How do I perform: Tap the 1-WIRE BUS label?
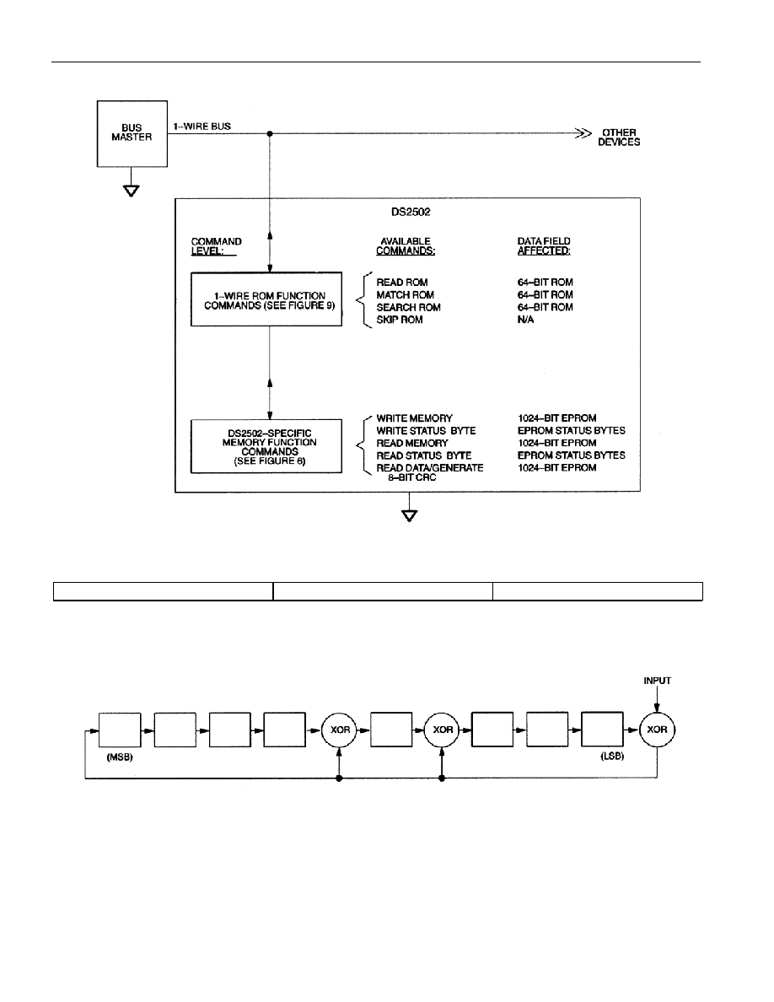[202, 127]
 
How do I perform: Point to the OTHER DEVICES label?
[619, 137]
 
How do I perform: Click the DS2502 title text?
[411, 213]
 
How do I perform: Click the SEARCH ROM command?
[408, 307]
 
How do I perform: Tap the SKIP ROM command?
[399, 320]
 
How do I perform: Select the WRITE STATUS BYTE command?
[426, 431]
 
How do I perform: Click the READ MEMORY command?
[412, 443]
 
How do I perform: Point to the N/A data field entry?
[525, 320]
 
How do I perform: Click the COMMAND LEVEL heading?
[216, 246]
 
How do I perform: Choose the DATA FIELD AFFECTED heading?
[544, 246]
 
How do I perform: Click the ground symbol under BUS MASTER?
[132, 191]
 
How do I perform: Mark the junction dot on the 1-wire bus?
[270, 133]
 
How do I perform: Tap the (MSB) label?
[120, 757]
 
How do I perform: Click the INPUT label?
[657, 681]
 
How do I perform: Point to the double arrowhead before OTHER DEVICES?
[583, 133]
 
